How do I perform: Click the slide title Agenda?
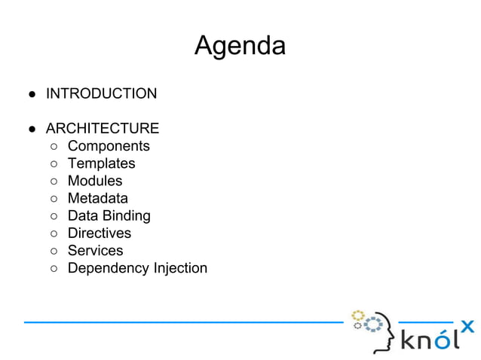point(240,46)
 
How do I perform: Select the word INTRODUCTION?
point(101,94)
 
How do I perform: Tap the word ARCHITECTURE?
point(102,129)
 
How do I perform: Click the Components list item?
point(109,146)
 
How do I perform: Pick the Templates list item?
point(101,163)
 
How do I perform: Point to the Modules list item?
point(94,181)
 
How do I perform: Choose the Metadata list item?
point(97,198)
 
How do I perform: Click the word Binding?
point(127,216)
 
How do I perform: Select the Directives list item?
point(99,233)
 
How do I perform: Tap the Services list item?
point(95,251)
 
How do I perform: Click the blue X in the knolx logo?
point(467,326)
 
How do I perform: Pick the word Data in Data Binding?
point(82,216)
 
